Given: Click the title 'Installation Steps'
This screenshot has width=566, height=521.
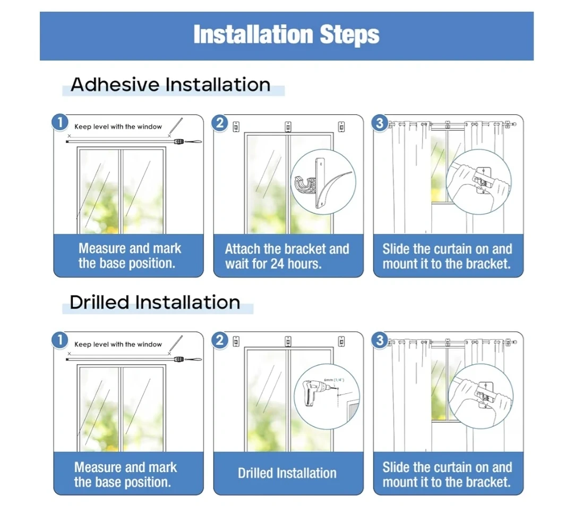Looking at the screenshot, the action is point(286,35).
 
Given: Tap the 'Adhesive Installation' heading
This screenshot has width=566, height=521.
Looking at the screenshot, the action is point(170,85).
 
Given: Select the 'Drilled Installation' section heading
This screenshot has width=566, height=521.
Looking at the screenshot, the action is point(155,302).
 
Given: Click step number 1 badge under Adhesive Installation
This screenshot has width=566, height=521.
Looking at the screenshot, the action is point(60,122).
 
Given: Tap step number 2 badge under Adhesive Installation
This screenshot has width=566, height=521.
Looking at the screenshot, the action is point(220,123).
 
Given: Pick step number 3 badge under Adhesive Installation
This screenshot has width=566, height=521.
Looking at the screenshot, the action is point(380,123).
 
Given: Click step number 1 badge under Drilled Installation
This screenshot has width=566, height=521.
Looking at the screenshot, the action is point(60,340).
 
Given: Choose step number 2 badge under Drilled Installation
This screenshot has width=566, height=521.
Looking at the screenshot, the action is point(220,340).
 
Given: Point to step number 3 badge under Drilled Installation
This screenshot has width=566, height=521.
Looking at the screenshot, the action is point(380,340).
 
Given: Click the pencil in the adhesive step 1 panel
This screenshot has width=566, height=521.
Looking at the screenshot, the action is point(176,127).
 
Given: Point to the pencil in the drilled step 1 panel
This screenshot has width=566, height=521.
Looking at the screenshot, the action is point(176,344).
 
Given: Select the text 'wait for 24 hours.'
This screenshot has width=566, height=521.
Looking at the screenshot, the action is point(273,264).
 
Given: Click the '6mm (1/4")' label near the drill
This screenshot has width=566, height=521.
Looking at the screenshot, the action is point(334,380).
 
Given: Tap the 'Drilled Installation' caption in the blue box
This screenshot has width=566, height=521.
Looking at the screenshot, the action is point(287,473).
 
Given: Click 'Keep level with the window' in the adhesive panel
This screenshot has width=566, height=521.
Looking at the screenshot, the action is point(118,127).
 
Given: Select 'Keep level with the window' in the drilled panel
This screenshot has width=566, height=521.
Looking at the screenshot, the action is point(118,344).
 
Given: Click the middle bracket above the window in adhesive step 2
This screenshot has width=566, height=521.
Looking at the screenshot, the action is point(288,127).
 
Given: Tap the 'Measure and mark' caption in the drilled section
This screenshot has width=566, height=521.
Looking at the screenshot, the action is point(126,467).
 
